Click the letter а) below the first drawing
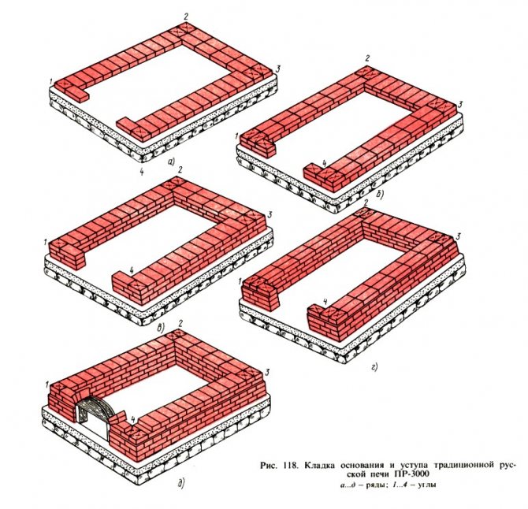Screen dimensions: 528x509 coord(171,163)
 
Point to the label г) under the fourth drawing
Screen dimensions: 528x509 coord(375,366)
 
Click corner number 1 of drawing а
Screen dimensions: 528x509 coord(50,81)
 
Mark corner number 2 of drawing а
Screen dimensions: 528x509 coord(186,17)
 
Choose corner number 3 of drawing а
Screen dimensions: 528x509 coord(277,69)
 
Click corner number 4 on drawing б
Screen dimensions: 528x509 coord(324,164)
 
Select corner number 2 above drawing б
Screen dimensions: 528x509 coord(367,58)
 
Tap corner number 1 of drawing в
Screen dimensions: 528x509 coord(45,242)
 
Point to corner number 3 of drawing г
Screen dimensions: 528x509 coord(459,236)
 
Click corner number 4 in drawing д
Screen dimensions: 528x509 coord(133,419)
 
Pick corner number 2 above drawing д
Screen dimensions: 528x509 coord(180,324)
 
